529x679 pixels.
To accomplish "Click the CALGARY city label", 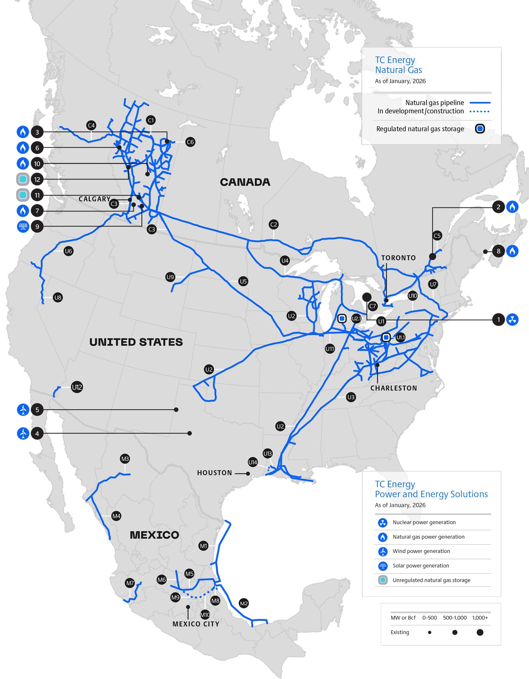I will [94, 199].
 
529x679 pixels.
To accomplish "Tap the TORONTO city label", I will [398, 258].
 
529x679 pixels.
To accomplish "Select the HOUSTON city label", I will [215, 473].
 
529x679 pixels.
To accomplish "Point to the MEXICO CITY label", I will [196, 624].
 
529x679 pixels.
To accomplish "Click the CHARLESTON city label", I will [394, 388].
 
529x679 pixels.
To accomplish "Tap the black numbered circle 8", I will [498, 251].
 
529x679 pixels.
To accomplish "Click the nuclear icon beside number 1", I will [512, 320].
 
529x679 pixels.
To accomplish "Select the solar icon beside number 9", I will [23, 226].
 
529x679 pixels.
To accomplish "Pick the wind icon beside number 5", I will [23, 410].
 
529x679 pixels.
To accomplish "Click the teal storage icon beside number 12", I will [23, 179].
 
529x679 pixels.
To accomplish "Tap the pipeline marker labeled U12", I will [77, 387].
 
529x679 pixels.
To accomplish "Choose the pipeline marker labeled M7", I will [130, 583].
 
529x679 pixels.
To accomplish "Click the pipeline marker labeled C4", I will [91, 125].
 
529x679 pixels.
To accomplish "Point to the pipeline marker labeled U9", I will [170, 277].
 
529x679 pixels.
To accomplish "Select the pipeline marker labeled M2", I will [244, 603].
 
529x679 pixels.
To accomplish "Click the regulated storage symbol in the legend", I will [480, 129].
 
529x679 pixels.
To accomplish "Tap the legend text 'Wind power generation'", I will [421, 551].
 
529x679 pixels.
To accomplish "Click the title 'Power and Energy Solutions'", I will [431, 494].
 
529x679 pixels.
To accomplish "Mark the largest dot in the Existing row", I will [480, 632].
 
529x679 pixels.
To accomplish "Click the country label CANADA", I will [245, 182].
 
